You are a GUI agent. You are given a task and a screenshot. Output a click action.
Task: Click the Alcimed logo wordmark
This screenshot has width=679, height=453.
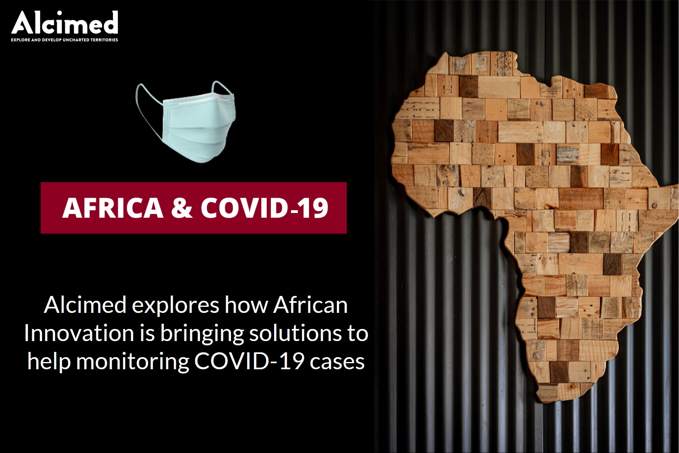click(64, 23)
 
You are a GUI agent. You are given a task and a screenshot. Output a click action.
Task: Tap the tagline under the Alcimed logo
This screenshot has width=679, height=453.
click(64, 40)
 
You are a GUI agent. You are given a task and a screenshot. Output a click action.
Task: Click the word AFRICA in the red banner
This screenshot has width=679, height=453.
click(113, 208)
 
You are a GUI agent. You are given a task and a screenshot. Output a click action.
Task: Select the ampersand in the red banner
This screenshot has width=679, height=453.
click(182, 208)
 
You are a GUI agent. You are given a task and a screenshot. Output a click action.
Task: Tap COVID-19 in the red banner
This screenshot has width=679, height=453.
click(264, 208)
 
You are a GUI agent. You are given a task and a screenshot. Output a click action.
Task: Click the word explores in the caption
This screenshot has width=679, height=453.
click(176, 305)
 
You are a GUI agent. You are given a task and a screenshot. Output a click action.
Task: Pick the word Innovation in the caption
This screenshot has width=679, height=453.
click(79, 333)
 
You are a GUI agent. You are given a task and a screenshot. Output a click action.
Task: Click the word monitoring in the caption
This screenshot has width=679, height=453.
click(132, 362)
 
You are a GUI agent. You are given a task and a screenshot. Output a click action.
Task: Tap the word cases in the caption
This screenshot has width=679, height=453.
click(337, 362)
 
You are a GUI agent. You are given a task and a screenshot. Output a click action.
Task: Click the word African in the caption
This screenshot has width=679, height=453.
click(310, 305)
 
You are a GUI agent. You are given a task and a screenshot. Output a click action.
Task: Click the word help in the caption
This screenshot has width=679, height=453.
click(49, 362)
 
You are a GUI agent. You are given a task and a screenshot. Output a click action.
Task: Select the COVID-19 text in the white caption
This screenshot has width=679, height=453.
click(249, 362)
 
